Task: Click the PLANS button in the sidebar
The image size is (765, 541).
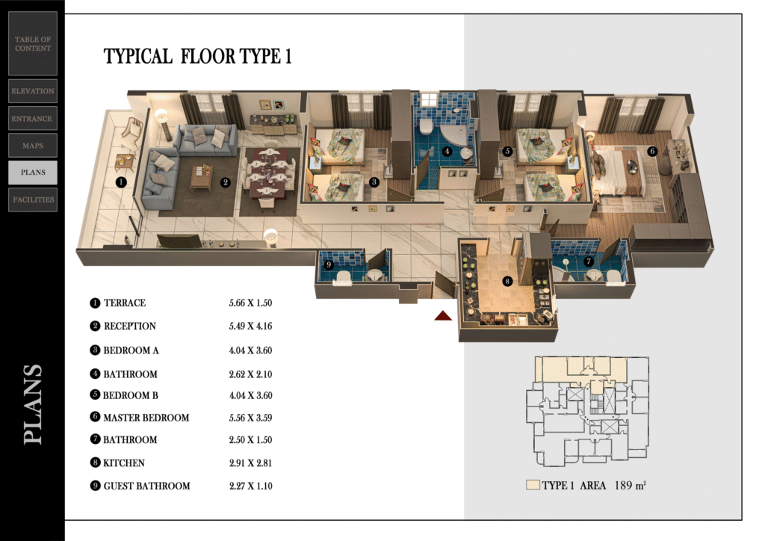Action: click(33, 173)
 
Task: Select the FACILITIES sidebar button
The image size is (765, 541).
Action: click(33, 200)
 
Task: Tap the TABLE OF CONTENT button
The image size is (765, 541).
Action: click(33, 43)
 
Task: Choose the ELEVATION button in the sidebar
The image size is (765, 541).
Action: click(33, 91)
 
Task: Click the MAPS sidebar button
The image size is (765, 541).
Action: click(33, 146)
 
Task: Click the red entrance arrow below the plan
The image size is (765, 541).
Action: click(443, 315)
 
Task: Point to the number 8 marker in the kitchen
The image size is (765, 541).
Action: click(507, 281)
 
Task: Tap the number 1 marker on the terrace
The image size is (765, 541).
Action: click(121, 182)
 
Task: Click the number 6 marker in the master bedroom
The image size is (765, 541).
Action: click(652, 151)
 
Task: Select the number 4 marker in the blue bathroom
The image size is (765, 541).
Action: click(447, 151)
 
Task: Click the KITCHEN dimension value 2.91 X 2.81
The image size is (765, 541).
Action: click(251, 463)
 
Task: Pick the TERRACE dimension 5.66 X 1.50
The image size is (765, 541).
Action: click(251, 303)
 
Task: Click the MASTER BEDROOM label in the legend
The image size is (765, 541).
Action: click(146, 418)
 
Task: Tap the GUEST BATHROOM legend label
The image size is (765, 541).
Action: click(147, 486)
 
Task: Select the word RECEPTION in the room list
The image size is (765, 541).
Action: click(130, 327)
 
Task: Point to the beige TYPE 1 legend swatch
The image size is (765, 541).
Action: click(533, 485)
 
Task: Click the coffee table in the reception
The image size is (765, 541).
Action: click(201, 177)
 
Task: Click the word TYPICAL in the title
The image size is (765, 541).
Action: click(138, 57)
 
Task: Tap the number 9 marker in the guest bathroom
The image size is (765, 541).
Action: click(329, 265)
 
